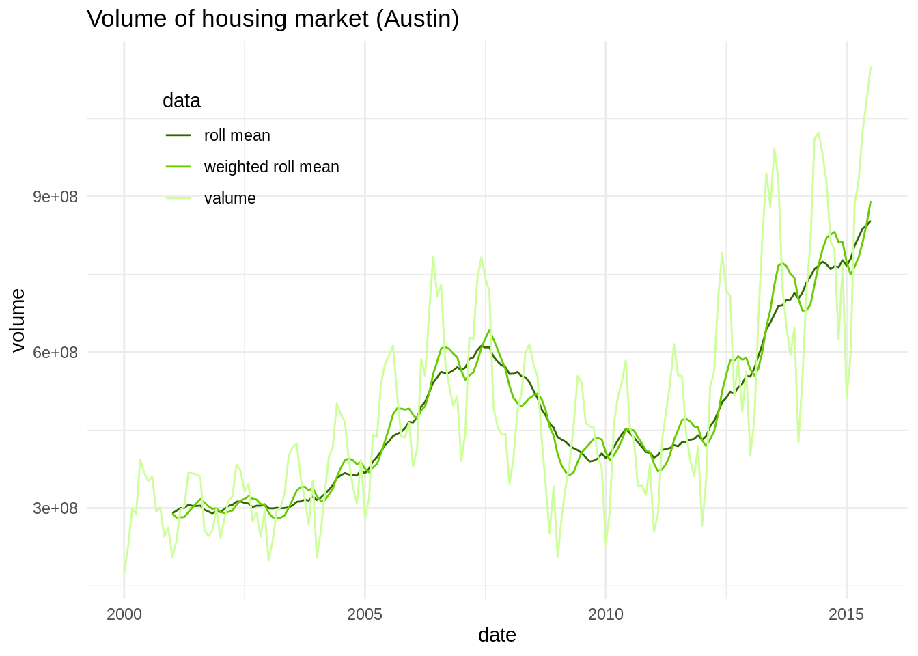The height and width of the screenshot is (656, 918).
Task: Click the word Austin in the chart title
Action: tap(417, 19)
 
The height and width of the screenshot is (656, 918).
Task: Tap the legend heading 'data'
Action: tap(182, 101)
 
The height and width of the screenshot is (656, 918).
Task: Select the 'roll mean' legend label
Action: tap(237, 136)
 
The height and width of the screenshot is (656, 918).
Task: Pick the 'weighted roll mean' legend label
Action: tap(271, 167)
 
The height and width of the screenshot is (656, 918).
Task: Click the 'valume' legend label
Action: tap(229, 199)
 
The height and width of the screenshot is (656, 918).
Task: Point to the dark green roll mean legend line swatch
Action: tap(178, 135)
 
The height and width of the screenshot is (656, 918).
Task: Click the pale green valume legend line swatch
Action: tap(178, 198)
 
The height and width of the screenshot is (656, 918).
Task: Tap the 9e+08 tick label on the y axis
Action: tap(55, 197)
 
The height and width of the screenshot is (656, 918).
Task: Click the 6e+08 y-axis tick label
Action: tap(55, 353)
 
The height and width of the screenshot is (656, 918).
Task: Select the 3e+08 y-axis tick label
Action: tap(55, 508)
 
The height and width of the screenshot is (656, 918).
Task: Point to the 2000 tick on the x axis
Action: tap(124, 614)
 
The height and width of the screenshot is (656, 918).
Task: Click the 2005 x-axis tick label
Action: tap(365, 614)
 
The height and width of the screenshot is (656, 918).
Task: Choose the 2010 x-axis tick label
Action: tap(606, 614)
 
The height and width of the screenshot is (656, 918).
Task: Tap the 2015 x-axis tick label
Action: tap(846, 614)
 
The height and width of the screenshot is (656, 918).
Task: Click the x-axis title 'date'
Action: tap(497, 635)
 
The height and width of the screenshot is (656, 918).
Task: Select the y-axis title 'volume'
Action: tap(18, 320)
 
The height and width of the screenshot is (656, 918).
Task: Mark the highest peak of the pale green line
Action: tap(870, 67)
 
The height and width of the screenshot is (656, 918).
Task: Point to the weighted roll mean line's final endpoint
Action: tap(870, 202)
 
